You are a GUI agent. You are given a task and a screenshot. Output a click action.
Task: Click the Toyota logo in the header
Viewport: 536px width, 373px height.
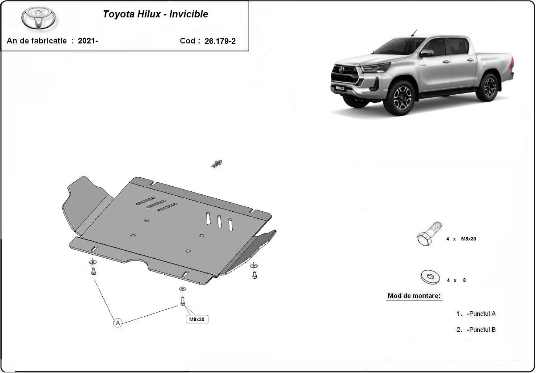pyautogui.click(x=39, y=18)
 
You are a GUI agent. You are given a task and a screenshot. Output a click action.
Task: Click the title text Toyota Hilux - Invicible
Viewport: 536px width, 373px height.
pyautogui.click(x=155, y=14)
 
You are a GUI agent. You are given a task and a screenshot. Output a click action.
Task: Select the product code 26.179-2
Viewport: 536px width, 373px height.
pyautogui.click(x=220, y=41)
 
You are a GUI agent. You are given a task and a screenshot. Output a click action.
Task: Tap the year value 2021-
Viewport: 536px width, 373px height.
pyautogui.click(x=88, y=41)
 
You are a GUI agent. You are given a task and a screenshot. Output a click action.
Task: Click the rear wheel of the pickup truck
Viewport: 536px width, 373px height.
pyautogui.click(x=487, y=87)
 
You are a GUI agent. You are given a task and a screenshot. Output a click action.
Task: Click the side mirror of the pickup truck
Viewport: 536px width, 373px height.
pyautogui.click(x=427, y=53)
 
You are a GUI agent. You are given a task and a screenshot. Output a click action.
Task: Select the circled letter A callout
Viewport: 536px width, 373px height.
pyautogui.click(x=118, y=323)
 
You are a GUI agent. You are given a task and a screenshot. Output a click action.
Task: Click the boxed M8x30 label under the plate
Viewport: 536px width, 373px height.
pyautogui.click(x=197, y=319)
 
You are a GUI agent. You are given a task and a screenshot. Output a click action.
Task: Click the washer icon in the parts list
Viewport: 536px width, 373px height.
pyautogui.click(x=431, y=277)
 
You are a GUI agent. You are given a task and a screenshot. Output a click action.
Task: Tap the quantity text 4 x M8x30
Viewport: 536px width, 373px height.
pyautogui.click(x=461, y=239)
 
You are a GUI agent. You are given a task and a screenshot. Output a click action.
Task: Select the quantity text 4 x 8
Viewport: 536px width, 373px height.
pyautogui.click(x=456, y=281)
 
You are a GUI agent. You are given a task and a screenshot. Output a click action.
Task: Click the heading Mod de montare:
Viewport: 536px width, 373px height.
pyautogui.click(x=414, y=296)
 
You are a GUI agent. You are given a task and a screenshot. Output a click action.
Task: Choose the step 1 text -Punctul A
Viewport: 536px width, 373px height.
pyautogui.click(x=480, y=314)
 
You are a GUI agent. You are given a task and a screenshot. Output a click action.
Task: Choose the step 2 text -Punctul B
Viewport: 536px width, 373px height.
pyautogui.click(x=480, y=330)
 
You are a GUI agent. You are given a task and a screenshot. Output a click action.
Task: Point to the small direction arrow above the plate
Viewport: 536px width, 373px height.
pyautogui.click(x=217, y=163)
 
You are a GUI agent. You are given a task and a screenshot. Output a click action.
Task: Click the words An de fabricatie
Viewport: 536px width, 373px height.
pyautogui.click(x=37, y=41)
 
